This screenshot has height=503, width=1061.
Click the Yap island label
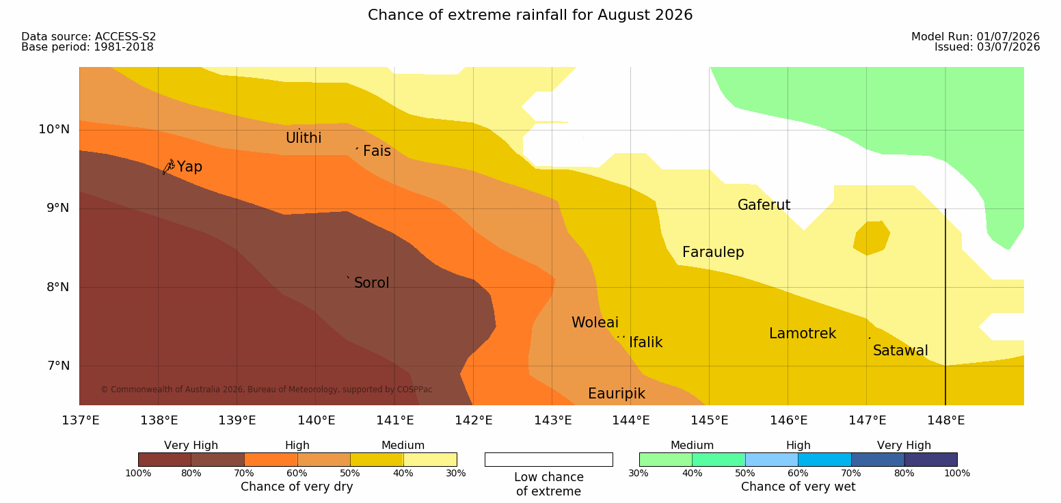pyautogui.click(x=189, y=167)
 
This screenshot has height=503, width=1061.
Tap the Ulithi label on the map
pyautogui.click(x=304, y=138)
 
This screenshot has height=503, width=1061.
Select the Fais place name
pyautogui.click(x=377, y=151)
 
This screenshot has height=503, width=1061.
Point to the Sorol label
pyautogui.click(x=372, y=283)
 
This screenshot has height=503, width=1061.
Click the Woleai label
pyautogui.click(x=595, y=323)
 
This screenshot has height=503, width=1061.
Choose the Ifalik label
pyautogui.click(x=645, y=342)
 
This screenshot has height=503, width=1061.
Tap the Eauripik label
pyautogui.click(x=617, y=394)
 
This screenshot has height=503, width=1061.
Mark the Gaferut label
pyautogui.click(x=764, y=205)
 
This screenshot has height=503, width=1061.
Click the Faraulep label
pyautogui.click(x=713, y=252)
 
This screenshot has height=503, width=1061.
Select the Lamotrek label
pyautogui.click(x=803, y=334)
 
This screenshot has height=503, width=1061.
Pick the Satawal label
pyautogui.click(x=900, y=351)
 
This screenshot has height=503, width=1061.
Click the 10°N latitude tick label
pyautogui.click(x=54, y=129)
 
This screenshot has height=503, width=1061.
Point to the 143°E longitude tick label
pyautogui.click(x=553, y=420)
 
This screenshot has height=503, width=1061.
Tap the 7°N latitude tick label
pyautogui.click(x=58, y=366)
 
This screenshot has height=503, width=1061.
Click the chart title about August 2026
pyautogui.click(x=530, y=15)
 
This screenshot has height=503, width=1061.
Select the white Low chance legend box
pyautogui.click(x=548, y=459)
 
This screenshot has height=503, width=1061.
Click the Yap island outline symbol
pyautogui.click(x=169, y=167)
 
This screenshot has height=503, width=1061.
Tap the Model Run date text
pyautogui.click(x=976, y=37)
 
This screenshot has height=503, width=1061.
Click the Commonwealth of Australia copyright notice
pyautogui.click(x=266, y=390)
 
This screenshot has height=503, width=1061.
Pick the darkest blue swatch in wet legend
pyautogui.click(x=930, y=459)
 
